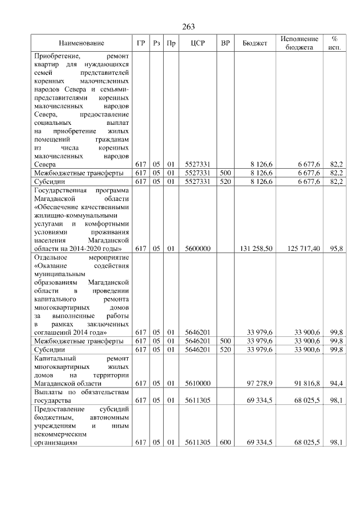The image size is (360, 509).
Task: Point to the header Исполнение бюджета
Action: [x=299, y=43]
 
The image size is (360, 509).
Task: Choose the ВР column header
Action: [x=226, y=43]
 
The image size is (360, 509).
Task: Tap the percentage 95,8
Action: [x=336, y=248]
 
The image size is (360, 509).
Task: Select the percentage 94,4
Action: [x=336, y=383]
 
